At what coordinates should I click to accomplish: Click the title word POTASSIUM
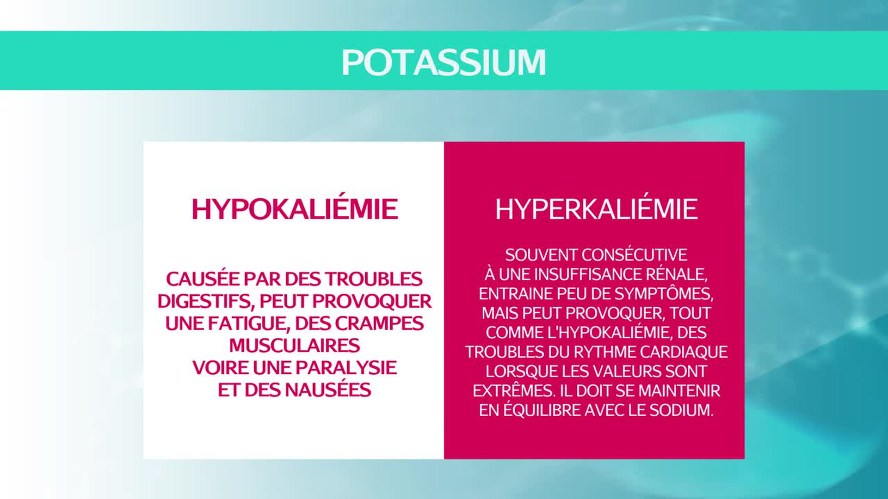[x=444, y=62]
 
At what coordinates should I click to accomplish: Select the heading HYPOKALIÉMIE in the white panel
[x=295, y=209]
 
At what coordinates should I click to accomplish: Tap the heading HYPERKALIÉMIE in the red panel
[x=596, y=209]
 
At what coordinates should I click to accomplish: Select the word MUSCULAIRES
[x=295, y=346]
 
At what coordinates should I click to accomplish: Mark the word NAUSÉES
[x=330, y=389]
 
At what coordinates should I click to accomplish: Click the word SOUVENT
[x=541, y=255]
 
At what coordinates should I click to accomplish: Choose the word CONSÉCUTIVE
[x=635, y=255]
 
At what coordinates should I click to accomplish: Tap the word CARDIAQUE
[x=684, y=352]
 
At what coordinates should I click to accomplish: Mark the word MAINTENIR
[x=679, y=391]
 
